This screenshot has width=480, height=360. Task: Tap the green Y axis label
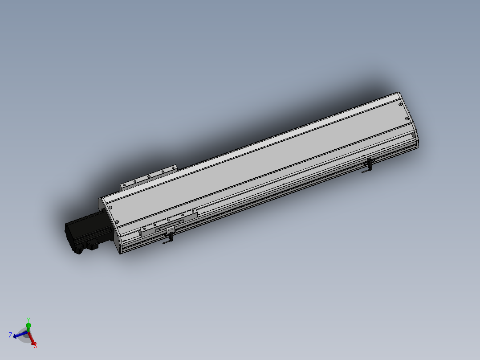28,320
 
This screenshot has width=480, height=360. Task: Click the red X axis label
36,345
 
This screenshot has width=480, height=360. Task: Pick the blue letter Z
10,335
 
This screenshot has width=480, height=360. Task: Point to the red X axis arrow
32,339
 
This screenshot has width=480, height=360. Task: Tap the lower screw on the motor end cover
117,221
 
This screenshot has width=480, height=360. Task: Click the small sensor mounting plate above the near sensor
170,229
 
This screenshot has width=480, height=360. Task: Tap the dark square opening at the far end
413,135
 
